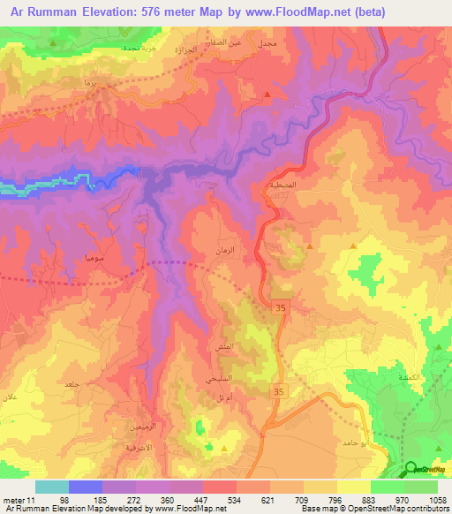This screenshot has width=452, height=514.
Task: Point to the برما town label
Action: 88,80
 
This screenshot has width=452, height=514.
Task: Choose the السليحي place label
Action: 220,378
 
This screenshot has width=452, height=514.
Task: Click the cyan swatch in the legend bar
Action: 51,487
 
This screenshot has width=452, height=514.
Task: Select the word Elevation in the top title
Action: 107,12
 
